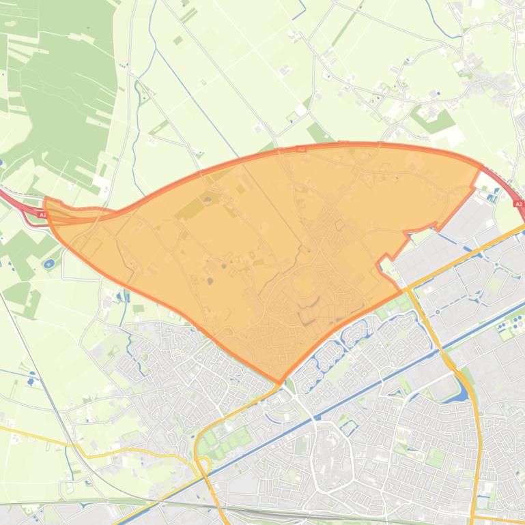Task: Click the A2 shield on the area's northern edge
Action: point(301,149)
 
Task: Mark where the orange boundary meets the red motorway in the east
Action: point(481,167)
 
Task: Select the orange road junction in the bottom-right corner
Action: point(474,515)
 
